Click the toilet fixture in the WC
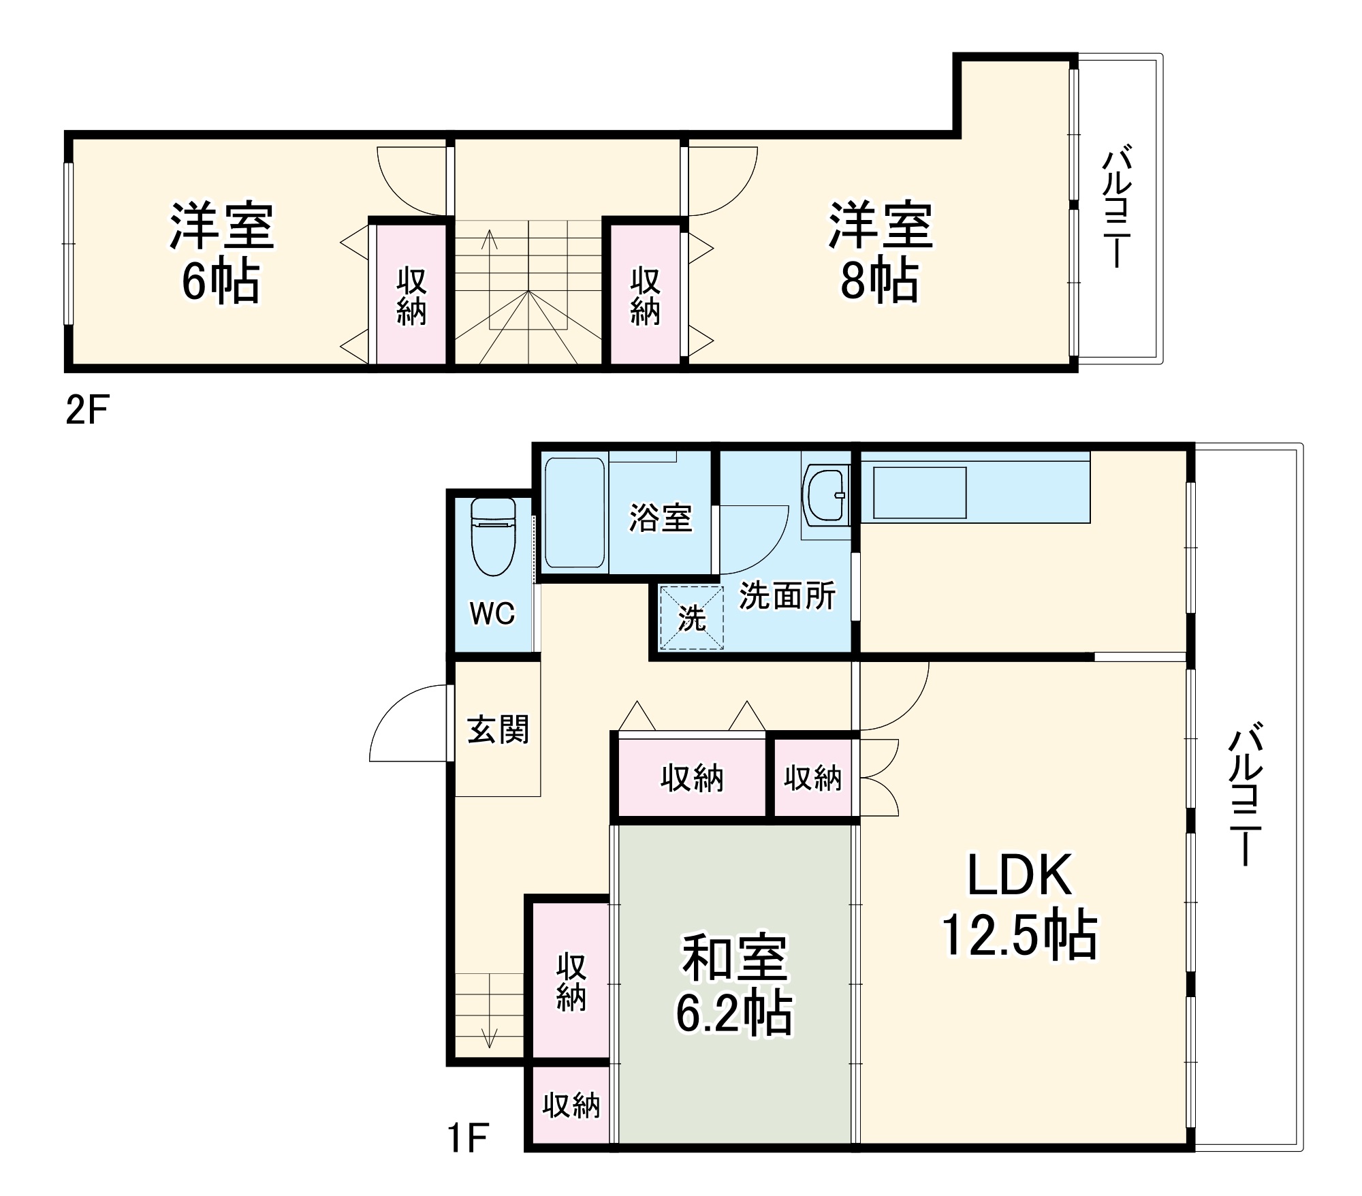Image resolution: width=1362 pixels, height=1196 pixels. pyautogui.click(x=493, y=537)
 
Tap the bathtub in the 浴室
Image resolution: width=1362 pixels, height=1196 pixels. pyautogui.click(x=575, y=513)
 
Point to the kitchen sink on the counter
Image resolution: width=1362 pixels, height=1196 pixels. pyautogui.click(x=919, y=492)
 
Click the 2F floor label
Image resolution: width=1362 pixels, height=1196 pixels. pyautogui.click(x=87, y=410)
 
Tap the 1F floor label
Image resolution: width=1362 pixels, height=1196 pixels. pyautogui.click(x=468, y=1137)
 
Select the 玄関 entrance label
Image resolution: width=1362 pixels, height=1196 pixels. pyautogui.click(x=498, y=729)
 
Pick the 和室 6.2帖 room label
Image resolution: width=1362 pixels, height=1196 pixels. pyautogui.click(x=734, y=984)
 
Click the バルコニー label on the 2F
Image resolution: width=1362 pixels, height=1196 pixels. pyautogui.click(x=1116, y=205)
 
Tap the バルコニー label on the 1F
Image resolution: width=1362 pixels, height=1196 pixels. pyautogui.click(x=1245, y=794)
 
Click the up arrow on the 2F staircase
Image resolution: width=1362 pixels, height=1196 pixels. pyautogui.click(x=489, y=240)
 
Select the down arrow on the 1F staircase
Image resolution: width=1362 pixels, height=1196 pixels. pyautogui.click(x=490, y=1035)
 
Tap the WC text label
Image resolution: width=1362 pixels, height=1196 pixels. pyautogui.click(x=492, y=614)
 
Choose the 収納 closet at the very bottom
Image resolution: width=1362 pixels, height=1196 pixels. pyautogui.click(x=571, y=1105)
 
